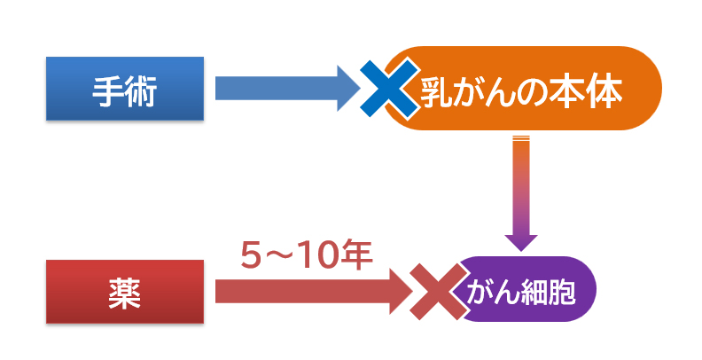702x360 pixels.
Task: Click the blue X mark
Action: point(391,87)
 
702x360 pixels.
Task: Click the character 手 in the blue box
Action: point(108,90)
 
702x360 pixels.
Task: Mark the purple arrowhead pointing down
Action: point(520,239)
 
